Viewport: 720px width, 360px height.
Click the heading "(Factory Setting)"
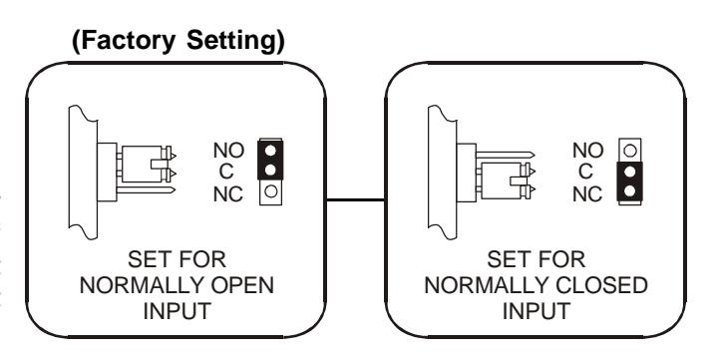pos(179,41)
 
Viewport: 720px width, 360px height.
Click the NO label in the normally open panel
pos(229,151)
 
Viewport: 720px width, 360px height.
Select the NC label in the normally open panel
pos(228,194)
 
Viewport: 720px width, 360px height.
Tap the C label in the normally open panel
pos(226,173)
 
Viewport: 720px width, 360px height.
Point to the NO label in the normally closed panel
pos(588,151)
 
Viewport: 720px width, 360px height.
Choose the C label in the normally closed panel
pos(585,173)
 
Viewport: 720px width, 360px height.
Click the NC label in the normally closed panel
pos(587,194)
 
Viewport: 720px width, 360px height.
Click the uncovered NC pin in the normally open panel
pos(271,191)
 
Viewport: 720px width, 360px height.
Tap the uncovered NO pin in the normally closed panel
pos(630,150)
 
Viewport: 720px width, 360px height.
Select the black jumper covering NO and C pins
pos(270,160)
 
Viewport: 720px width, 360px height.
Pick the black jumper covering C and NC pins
pos(629,181)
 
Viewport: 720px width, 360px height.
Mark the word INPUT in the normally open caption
pos(178,311)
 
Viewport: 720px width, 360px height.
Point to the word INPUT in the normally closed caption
pos(537,311)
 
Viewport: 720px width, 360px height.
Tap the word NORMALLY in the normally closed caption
pos(487,285)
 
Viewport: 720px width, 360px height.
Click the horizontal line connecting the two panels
pos(355,199)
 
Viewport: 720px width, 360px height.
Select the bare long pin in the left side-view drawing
pos(146,189)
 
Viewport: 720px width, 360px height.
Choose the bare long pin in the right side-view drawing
pos(506,154)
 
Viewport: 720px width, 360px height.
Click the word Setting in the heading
pos(235,41)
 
